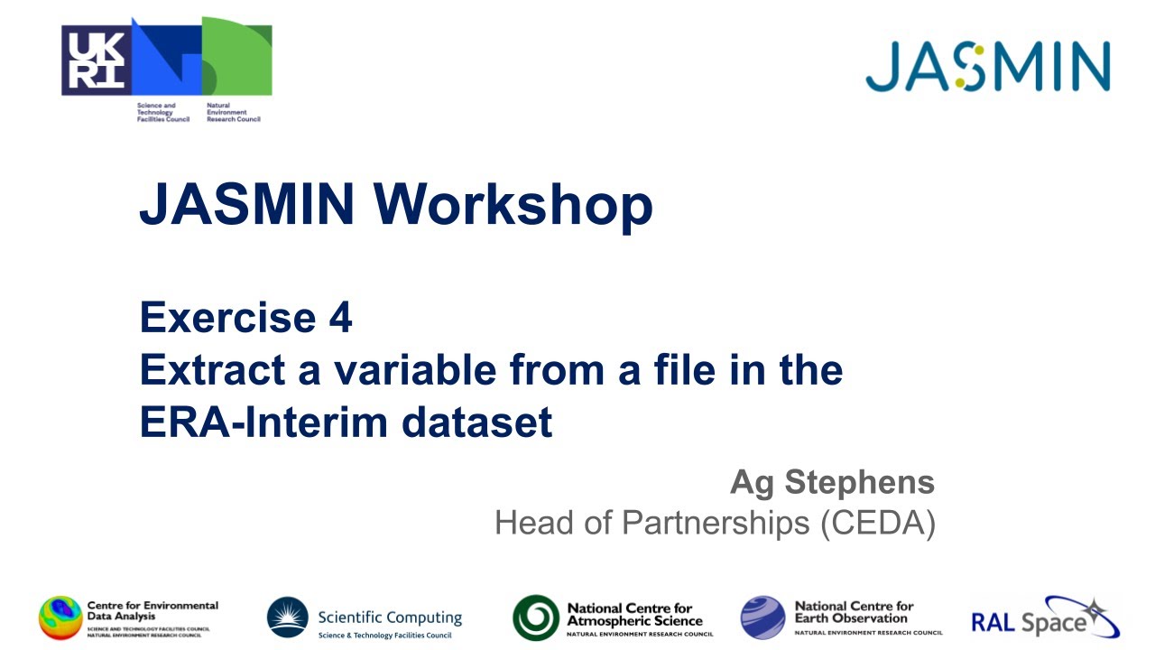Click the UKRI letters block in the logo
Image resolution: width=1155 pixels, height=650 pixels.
[96, 60]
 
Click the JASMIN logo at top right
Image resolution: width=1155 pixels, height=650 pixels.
[987, 67]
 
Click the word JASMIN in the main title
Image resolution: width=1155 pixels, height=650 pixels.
[247, 205]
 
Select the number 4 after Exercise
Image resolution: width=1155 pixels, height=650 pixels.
[340, 318]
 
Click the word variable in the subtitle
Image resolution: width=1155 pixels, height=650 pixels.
[401, 370]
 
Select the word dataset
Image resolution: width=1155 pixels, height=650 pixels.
[482, 422]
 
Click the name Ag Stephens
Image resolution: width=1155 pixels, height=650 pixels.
[832, 483]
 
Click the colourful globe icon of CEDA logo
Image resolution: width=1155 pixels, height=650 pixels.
[60, 618]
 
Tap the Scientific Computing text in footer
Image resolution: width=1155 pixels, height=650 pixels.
[389, 618]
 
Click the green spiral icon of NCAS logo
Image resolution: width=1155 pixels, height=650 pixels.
[536, 618]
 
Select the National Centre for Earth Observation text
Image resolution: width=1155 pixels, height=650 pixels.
[853, 613]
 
